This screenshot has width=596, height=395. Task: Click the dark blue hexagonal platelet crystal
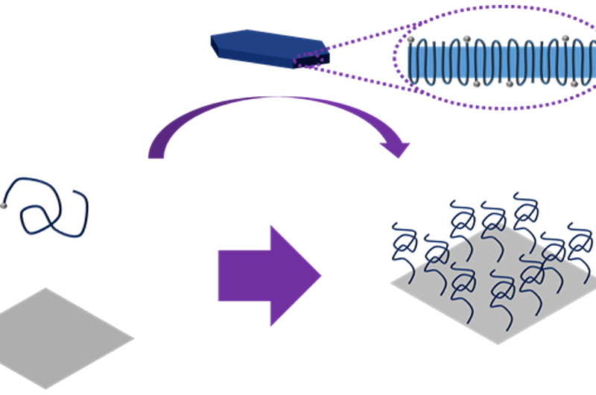coord(268,46)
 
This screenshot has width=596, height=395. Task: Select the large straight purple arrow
coord(268,276)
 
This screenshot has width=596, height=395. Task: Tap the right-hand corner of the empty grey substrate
coord(133,339)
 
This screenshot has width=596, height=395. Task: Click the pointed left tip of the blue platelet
coord(212,45)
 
